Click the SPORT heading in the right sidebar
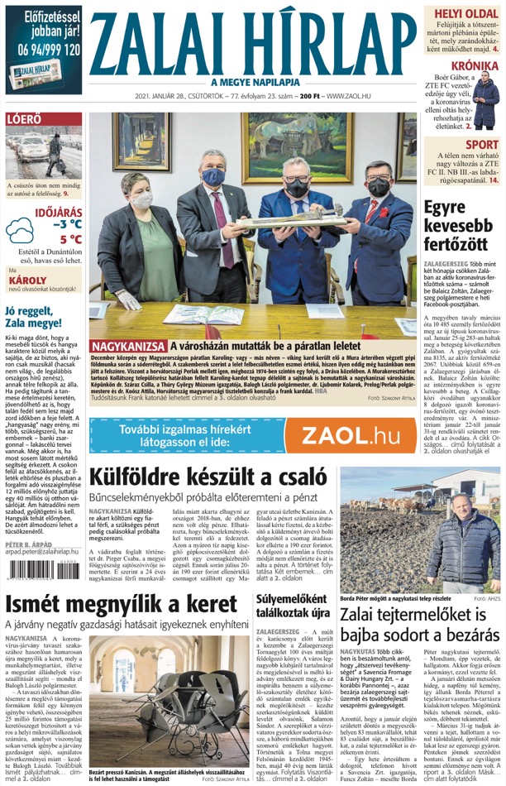click(x=481, y=146)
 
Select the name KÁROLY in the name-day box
click(x=25, y=279)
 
